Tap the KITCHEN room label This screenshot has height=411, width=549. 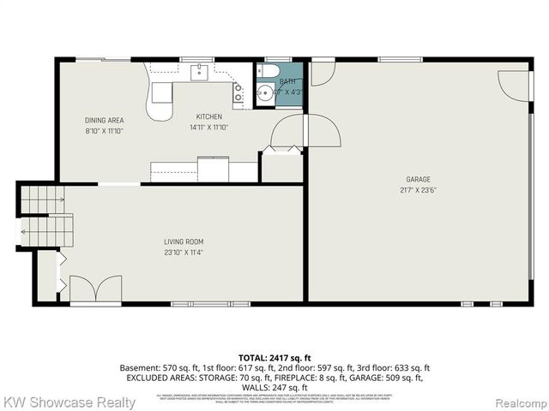(209, 117)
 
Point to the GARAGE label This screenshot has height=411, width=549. (419, 180)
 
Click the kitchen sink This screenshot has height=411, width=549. (198, 71)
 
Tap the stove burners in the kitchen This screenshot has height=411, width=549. (238, 95)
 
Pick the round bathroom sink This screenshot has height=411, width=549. (265, 92)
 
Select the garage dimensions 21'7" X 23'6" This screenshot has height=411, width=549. (419, 190)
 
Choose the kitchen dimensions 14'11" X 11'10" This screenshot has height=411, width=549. (208, 128)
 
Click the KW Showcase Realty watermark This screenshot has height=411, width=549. (69, 402)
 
